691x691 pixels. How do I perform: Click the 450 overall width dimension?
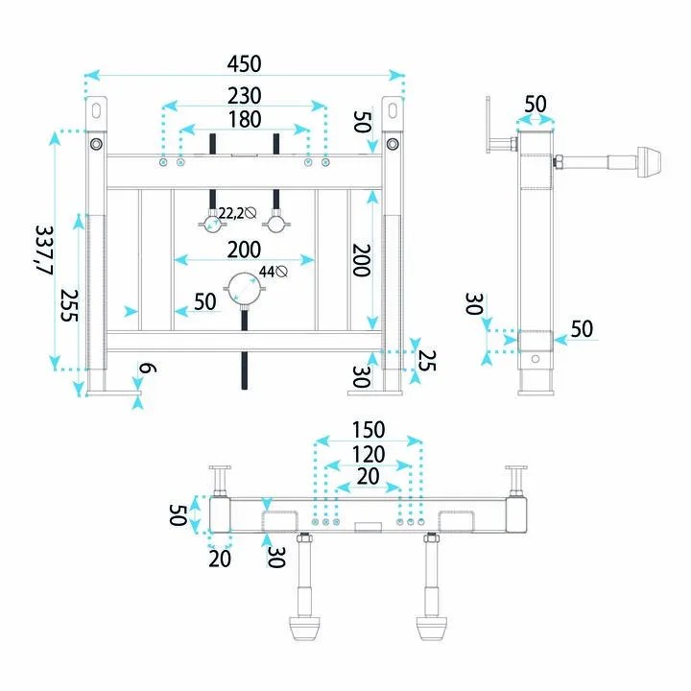[244, 64]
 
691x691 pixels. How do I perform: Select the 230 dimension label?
[244, 96]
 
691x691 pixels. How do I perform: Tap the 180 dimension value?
[245, 119]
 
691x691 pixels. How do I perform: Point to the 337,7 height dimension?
[44, 250]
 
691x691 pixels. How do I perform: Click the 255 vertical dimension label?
[69, 305]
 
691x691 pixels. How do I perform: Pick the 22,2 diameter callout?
[231, 213]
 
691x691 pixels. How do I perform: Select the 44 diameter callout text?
[267, 272]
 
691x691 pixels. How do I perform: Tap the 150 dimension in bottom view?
[369, 430]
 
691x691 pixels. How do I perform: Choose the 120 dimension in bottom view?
[369, 454]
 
